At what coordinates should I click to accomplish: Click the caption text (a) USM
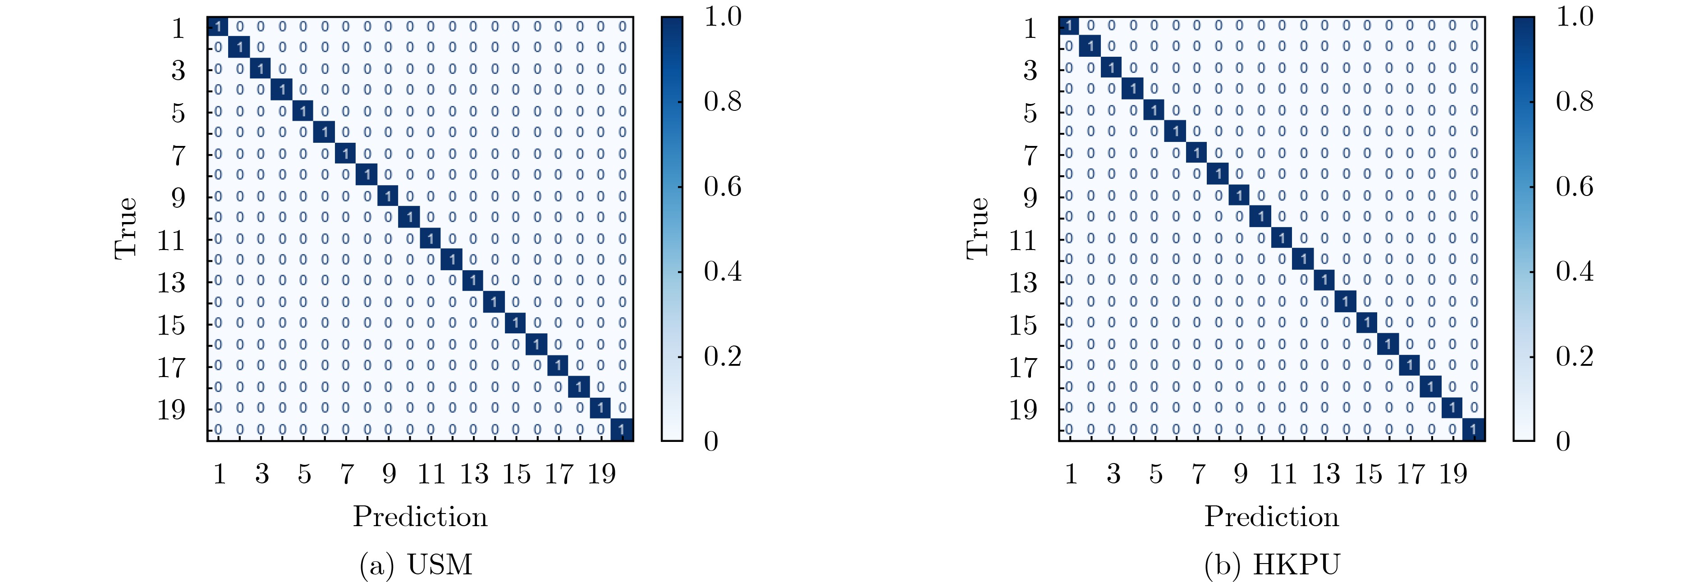[x=416, y=564]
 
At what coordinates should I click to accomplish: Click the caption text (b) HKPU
[x=1271, y=564]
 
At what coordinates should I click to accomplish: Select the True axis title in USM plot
[x=126, y=228]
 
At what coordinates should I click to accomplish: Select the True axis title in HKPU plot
[x=978, y=228]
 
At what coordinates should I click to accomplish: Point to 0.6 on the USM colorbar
[x=722, y=186]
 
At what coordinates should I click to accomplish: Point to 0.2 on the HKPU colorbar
[x=1574, y=356]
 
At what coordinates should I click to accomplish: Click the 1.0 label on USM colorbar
[x=722, y=17]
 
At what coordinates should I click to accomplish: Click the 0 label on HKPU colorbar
[x=1563, y=441]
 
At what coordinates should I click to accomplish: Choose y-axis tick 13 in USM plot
[x=171, y=282]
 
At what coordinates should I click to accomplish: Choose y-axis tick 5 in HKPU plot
[x=1030, y=113]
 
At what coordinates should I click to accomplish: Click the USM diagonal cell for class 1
[x=218, y=27]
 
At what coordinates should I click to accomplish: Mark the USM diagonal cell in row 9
[x=388, y=196]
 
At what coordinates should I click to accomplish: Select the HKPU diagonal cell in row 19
[x=1452, y=407]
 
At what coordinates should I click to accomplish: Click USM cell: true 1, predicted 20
[x=622, y=27]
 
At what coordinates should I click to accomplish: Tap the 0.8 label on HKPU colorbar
[x=1574, y=101]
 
